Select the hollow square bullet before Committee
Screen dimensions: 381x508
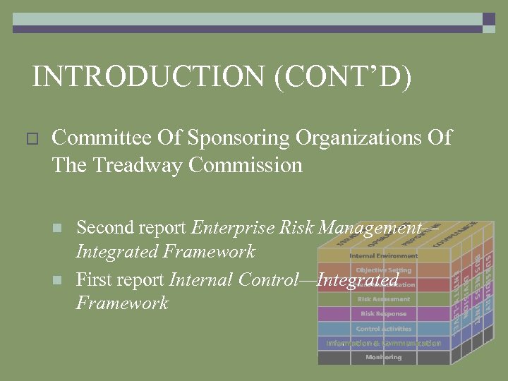tap(30, 139)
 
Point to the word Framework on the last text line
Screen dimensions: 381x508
tap(122, 303)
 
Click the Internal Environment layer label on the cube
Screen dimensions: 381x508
tap(384, 255)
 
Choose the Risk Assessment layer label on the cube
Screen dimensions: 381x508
tap(384, 299)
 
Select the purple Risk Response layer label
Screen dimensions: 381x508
tap(384, 314)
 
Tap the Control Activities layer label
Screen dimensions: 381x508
tap(384, 329)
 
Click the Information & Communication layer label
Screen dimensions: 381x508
tap(384, 344)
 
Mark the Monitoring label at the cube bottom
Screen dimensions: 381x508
tap(384, 358)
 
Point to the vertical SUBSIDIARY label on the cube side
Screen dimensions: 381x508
tap(487, 286)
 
